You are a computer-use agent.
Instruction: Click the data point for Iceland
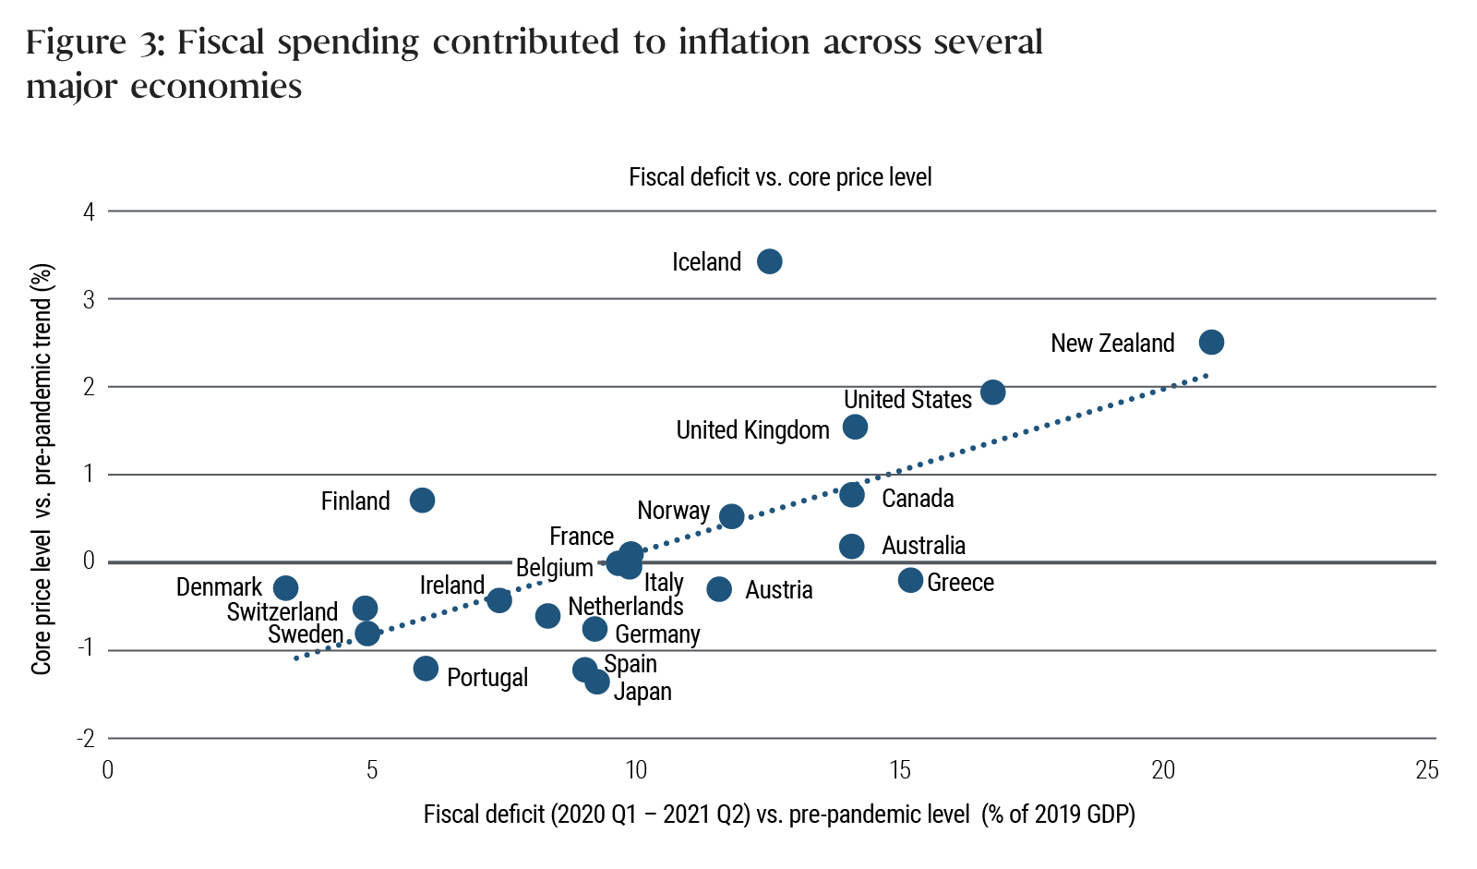(769, 261)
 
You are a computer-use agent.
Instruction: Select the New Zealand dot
(1211, 343)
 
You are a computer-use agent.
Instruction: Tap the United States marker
(992, 392)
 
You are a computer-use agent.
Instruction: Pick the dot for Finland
(422, 501)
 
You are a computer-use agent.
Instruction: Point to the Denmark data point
(286, 588)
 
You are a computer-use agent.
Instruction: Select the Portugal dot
(426, 669)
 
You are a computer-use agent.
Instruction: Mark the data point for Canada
(852, 495)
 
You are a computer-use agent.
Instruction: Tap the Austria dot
(719, 589)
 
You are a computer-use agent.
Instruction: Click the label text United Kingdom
(752, 430)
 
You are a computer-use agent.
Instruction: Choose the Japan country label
(642, 692)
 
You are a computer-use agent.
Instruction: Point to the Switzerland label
(282, 612)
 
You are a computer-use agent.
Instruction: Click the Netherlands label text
(626, 607)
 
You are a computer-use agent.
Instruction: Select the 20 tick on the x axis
(1163, 770)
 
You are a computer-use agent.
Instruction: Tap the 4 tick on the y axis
(89, 212)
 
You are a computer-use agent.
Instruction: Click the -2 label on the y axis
(87, 738)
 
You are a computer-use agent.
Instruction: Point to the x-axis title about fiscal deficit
(779, 815)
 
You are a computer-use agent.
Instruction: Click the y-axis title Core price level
(42, 469)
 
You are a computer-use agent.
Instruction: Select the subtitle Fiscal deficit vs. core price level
(780, 177)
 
